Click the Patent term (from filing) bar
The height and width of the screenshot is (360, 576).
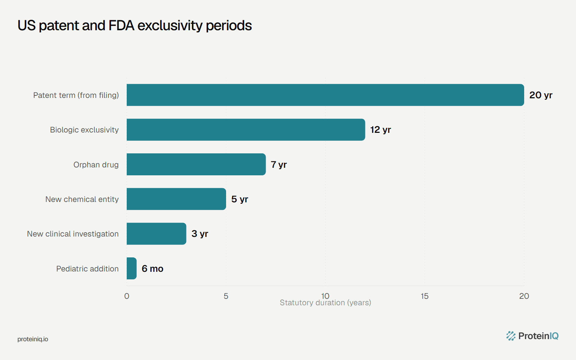coord(325,95)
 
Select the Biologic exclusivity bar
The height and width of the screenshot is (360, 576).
coord(246,130)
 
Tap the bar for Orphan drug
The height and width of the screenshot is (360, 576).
coord(196,164)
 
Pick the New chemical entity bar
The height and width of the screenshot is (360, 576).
coord(176,199)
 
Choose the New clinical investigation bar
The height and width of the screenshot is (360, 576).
coord(156,234)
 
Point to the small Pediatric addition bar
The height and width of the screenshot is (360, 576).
coord(132,269)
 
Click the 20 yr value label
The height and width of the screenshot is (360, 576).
coord(541,95)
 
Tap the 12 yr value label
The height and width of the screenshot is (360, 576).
coord(381,130)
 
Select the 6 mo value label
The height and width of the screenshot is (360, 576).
coord(153,269)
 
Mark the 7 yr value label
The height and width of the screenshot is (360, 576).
coord(279,165)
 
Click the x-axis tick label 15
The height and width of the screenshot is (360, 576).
coord(424,296)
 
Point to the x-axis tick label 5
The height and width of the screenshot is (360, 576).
coord(226,296)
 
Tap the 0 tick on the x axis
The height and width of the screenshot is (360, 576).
coord(127,296)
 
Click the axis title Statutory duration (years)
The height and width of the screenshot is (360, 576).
coord(325,303)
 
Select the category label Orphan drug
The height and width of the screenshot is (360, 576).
coord(96,165)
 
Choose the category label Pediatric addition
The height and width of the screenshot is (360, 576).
coord(87,269)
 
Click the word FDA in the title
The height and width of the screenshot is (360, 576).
coord(121,26)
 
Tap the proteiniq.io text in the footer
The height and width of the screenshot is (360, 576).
coord(33,339)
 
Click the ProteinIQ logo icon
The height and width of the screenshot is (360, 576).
coord(511,336)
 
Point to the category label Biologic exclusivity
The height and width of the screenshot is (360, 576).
coord(84,130)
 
